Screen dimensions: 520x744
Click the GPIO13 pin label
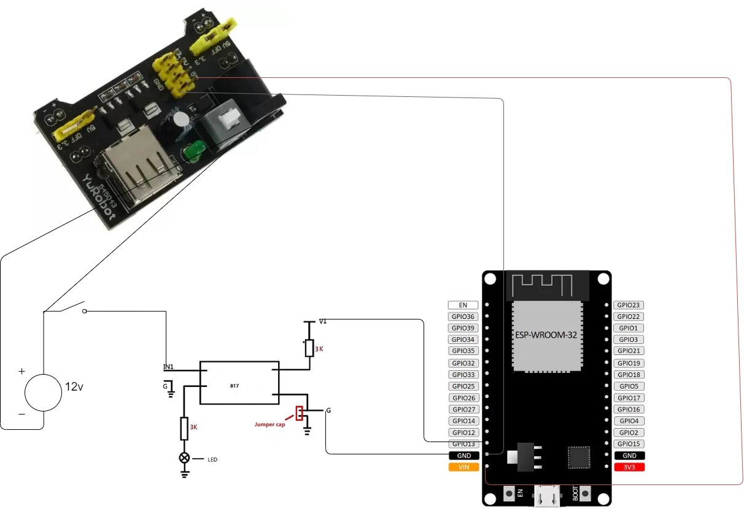(x=463, y=444)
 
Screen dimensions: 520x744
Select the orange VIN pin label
(x=463, y=467)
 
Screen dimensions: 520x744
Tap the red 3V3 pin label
(x=629, y=467)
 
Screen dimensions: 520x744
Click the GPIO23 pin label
(x=629, y=305)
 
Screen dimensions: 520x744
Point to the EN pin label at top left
(x=463, y=305)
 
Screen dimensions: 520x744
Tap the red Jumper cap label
(x=270, y=424)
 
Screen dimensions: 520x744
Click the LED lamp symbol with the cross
(x=184, y=458)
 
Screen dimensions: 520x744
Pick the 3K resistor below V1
(x=309, y=348)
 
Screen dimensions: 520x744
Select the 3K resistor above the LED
(x=184, y=428)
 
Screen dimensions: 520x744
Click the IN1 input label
(x=168, y=367)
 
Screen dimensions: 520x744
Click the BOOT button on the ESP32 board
(x=585, y=494)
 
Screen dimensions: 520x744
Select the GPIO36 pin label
(x=463, y=316)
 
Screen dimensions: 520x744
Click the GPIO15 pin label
(x=629, y=444)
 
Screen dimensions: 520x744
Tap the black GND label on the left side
(x=463, y=456)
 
